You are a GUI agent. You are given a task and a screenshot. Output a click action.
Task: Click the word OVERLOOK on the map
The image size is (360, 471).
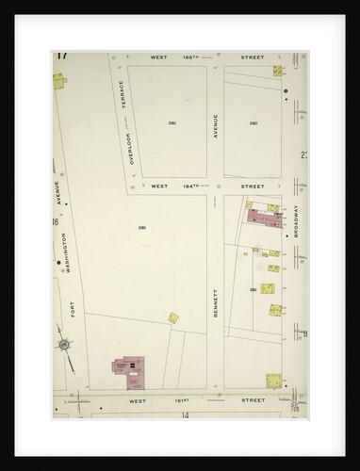coord(132,145)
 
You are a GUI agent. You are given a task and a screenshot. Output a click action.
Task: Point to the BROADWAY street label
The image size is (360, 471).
coord(296,220)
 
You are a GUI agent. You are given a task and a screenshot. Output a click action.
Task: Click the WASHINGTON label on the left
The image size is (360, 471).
coord(66,252)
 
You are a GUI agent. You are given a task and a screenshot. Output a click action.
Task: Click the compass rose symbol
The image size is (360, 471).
coord(63,345)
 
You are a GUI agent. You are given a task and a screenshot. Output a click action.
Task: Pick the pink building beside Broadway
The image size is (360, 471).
coord(266,218)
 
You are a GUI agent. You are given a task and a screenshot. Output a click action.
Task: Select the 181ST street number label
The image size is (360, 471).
coord(188,399)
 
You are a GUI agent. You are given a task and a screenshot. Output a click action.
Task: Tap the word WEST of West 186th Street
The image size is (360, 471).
coord(159,57)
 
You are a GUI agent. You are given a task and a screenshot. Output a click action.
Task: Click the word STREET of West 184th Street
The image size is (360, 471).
coord(252,187)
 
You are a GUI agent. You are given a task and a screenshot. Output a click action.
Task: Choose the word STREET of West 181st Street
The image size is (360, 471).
coord(252,399)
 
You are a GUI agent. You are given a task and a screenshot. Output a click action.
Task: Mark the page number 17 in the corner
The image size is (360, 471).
coord(61,55)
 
